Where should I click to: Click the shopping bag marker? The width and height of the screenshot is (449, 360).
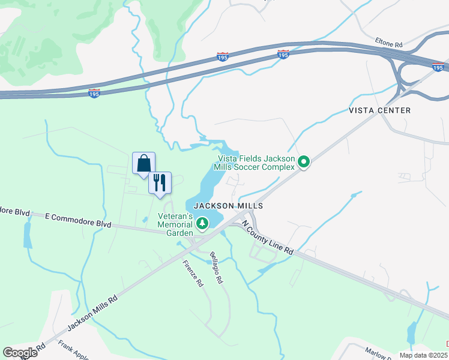tap(143, 164)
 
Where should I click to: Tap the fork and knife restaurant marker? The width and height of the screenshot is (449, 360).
tap(160, 183)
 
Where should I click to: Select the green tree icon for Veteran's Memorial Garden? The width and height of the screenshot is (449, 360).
tap(203, 224)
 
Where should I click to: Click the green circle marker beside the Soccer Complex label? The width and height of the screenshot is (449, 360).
tap(304, 162)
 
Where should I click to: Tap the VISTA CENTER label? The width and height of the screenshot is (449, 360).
tap(380, 110)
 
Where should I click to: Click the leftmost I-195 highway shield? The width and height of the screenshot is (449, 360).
tap(94, 93)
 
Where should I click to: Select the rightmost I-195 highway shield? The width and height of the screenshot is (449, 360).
tap(439, 67)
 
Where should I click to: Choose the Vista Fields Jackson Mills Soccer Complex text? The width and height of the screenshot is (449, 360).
tap(256, 162)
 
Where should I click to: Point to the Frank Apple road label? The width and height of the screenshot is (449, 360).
tap(73, 350)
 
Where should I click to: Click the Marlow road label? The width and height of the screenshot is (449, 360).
tap(376, 355)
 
